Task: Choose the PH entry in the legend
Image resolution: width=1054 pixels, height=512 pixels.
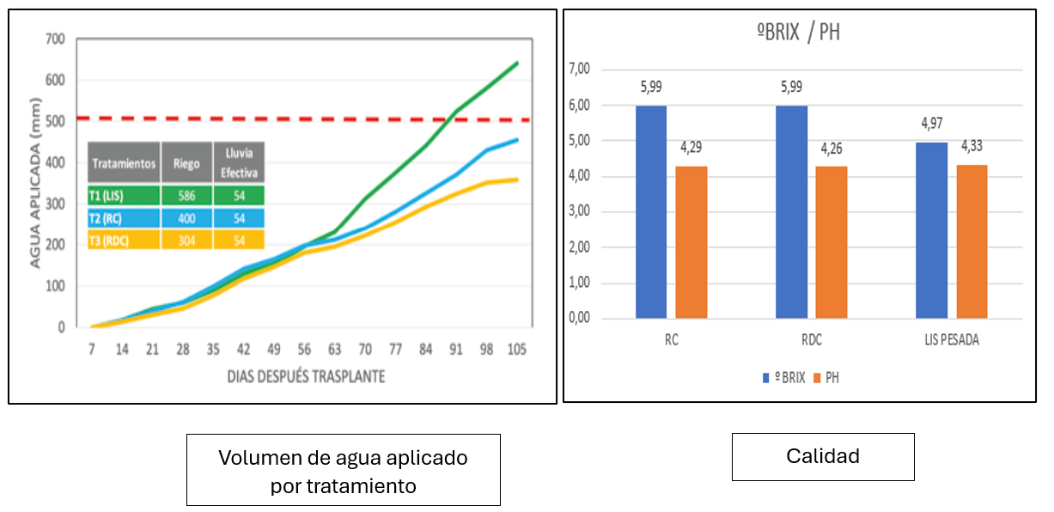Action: [826, 377]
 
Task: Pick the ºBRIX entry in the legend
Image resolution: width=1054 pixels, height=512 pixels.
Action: [783, 377]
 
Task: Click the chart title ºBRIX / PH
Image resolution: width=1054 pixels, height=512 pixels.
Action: [798, 33]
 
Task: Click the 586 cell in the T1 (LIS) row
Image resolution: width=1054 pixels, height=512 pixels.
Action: [186, 196]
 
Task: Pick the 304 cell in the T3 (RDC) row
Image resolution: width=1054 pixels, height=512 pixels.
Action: [186, 241]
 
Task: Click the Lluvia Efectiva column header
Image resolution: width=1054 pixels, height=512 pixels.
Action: [238, 162]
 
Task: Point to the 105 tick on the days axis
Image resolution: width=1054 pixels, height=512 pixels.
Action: [516, 350]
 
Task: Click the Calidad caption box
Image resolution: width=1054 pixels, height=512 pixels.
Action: [822, 456]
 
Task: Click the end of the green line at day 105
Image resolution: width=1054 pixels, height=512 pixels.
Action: [516, 62]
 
